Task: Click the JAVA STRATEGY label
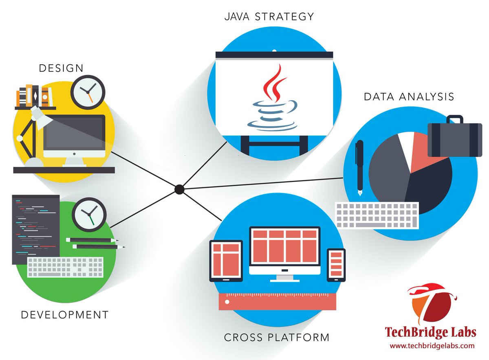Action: click(x=269, y=17)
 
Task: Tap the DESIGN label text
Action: click(x=61, y=68)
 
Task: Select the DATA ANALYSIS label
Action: click(x=409, y=97)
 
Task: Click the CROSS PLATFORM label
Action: click(x=277, y=338)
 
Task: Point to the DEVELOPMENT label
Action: click(x=65, y=315)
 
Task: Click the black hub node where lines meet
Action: click(x=179, y=189)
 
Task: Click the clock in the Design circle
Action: click(x=88, y=92)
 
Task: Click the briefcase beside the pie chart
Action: click(x=454, y=138)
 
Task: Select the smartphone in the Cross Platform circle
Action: click(x=336, y=265)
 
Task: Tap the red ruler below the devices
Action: click(x=278, y=301)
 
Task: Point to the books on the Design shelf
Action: click(x=35, y=96)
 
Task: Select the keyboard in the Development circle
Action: click(x=65, y=267)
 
